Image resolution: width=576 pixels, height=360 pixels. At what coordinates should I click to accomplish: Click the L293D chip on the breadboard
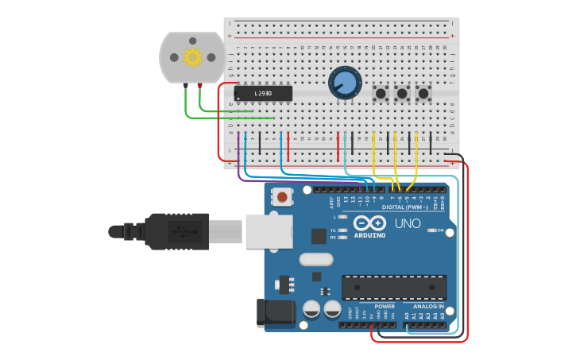tap(263, 94)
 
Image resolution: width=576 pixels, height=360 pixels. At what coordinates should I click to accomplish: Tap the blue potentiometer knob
tap(345, 83)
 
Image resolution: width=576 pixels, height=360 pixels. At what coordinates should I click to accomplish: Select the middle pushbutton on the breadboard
tap(402, 94)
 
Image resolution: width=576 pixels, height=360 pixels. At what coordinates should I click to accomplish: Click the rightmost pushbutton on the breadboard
tap(423, 94)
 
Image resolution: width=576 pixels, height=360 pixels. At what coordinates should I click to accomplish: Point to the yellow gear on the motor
tap(192, 57)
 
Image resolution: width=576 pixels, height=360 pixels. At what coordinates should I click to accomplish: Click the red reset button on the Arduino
tap(282, 196)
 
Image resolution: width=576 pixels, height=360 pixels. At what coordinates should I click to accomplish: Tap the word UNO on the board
tap(408, 224)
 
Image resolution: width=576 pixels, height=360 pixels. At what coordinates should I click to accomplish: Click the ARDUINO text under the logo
tap(369, 235)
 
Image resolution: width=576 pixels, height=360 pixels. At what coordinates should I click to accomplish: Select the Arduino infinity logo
tap(369, 223)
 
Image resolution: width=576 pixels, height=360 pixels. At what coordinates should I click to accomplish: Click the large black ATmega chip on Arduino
tap(393, 287)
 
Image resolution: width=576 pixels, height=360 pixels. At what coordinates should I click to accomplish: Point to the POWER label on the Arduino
tap(385, 306)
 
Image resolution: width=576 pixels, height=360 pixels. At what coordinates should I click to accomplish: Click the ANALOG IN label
tap(428, 306)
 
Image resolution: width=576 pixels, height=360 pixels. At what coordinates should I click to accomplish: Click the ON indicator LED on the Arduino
tap(431, 230)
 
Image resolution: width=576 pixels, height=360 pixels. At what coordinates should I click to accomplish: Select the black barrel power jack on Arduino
tap(275, 312)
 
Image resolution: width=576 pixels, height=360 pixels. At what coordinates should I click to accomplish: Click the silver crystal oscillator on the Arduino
tap(315, 259)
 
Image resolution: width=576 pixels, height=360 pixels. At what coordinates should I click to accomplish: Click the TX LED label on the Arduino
tap(333, 230)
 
